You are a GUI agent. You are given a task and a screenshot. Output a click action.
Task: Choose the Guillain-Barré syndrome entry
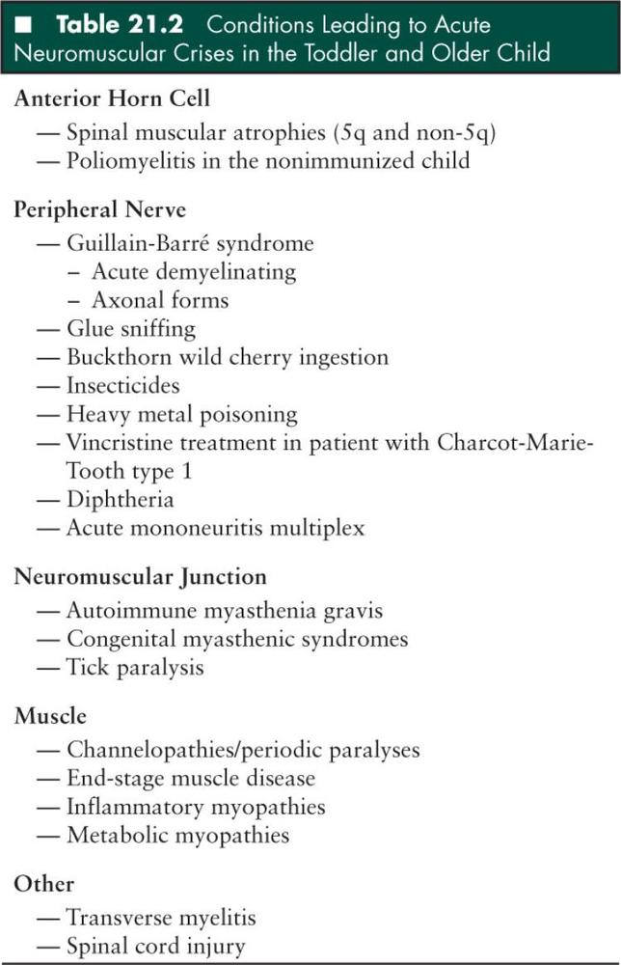click(x=190, y=242)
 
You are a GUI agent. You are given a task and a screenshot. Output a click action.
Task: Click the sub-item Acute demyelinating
click(x=194, y=271)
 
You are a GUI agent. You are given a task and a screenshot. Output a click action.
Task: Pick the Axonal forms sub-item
click(x=160, y=300)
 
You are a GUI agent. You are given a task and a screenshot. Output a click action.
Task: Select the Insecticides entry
click(x=122, y=386)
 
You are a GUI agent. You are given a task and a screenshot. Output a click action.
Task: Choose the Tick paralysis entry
click(x=135, y=668)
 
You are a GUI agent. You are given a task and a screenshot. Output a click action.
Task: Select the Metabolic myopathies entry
click(x=177, y=836)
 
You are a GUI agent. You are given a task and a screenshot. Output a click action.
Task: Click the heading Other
click(x=43, y=884)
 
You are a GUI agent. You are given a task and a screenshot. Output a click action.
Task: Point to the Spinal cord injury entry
click(x=155, y=946)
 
